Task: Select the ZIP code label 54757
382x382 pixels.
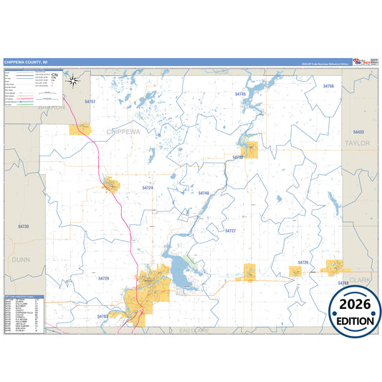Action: click(x=90, y=102)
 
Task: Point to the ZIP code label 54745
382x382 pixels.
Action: click(x=241, y=94)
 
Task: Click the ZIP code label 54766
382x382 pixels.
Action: click(x=328, y=86)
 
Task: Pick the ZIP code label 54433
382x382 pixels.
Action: click(x=358, y=132)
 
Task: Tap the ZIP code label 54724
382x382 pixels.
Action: click(x=148, y=188)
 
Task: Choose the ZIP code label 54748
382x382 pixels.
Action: click(x=204, y=194)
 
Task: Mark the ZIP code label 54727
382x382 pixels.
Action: click(x=230, y=231)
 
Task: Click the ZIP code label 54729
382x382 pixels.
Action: click(x=105, y=278)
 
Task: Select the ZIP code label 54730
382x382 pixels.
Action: click(x=24, y=226)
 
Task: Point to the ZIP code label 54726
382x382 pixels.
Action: click(x=303, y=263)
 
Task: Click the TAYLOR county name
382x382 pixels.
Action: click(x=358, y=143)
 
